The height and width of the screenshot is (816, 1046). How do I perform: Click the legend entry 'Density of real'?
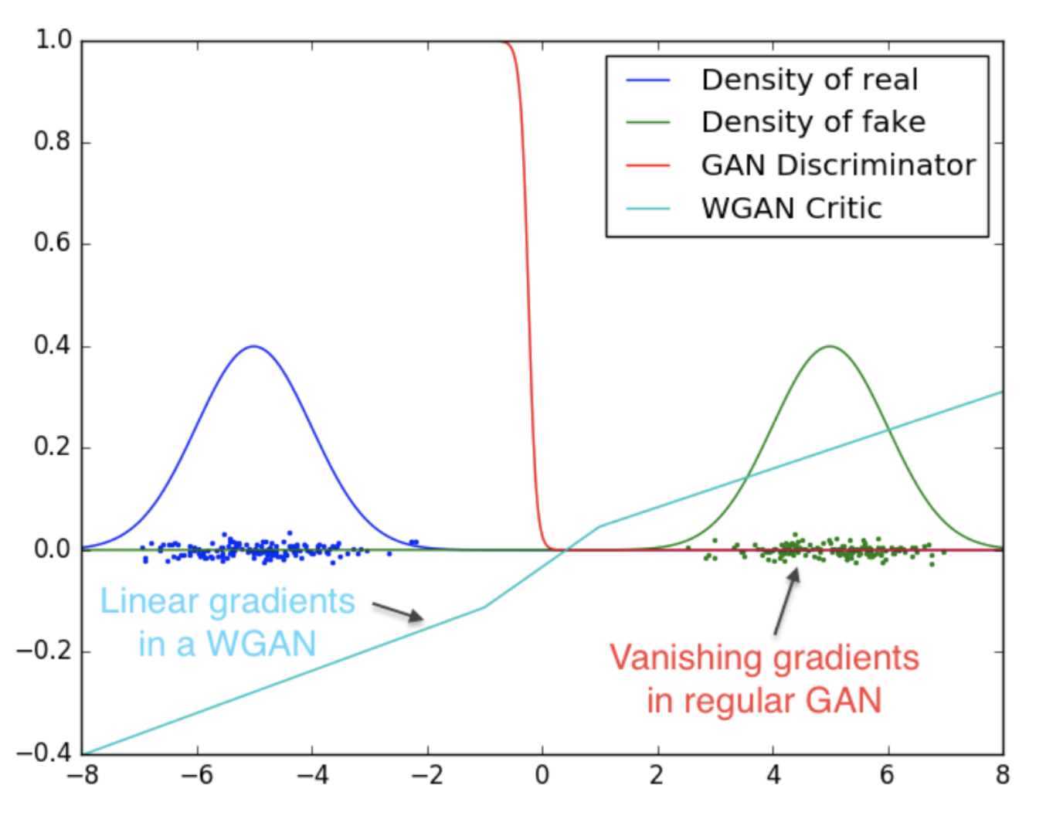point(810,80)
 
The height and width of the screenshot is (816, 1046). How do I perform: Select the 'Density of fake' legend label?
point(813,122)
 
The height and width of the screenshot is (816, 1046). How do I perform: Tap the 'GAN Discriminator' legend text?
point(838,165)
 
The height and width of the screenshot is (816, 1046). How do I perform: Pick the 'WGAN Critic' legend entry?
point(791,208)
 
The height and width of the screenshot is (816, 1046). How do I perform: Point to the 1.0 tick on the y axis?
point(53,39)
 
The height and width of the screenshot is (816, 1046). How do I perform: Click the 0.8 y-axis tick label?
point(53,141)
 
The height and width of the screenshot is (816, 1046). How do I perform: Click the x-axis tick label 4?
point(773,775)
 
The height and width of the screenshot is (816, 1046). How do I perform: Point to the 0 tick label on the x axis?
point(542,775)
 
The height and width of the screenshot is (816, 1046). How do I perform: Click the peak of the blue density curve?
point(253,346)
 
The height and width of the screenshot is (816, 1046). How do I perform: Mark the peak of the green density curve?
point(830,346)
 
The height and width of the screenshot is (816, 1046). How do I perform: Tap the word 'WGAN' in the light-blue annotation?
point(261,644)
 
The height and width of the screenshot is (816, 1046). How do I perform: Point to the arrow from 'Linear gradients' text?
point(398,611)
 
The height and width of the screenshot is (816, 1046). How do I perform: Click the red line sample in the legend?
point(647,165)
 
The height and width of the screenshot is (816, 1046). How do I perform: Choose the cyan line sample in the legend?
point(647,208)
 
